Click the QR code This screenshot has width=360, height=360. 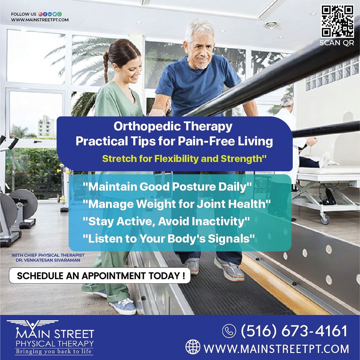337,21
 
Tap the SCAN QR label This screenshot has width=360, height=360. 337,43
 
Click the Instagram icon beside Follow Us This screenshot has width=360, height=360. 40,14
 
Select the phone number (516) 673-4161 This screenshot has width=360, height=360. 294,331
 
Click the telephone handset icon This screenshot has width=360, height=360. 229,331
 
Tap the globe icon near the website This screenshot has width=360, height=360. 193,347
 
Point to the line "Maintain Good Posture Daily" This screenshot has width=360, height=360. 167,187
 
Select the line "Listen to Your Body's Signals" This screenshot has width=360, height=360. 169,239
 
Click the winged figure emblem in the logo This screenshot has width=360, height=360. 32,325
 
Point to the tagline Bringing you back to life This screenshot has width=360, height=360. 53,352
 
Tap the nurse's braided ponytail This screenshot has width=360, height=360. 106,67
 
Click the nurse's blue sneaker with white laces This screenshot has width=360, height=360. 123,306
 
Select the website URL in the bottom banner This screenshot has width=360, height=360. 276,349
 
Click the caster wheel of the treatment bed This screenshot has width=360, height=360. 325,219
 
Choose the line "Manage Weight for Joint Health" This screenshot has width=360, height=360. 177,204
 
